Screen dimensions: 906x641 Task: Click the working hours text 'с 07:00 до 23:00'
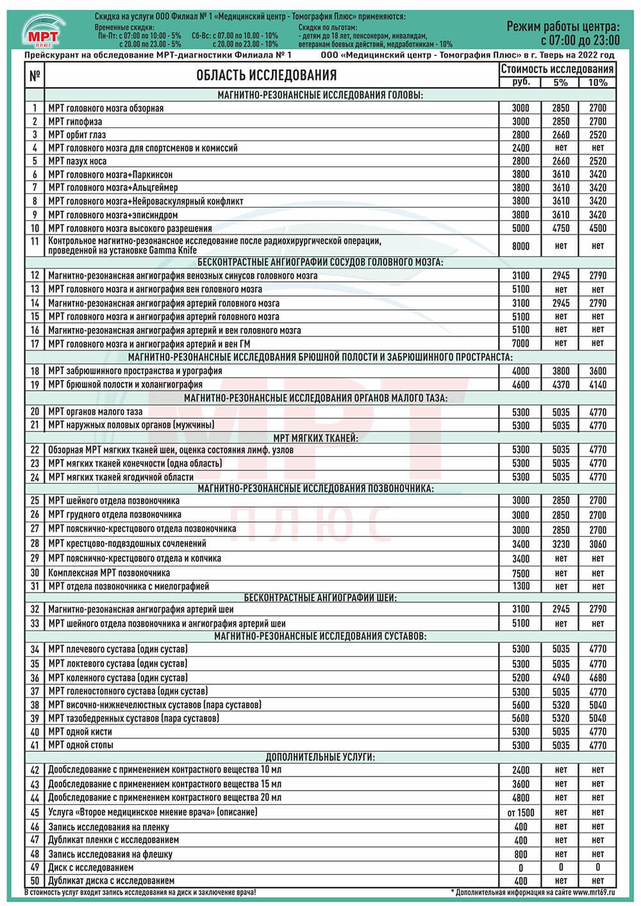click(580, 40)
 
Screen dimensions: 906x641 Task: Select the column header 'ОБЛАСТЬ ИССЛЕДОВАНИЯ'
click(266, 76)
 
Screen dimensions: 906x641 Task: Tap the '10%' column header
click(597, 83)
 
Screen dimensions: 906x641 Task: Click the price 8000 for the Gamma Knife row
click(520, 245)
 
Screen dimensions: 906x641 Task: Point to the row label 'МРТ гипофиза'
click(75, 122)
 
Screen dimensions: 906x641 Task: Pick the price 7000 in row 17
click(520, 343)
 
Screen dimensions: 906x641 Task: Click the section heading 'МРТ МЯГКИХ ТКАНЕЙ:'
click(316, 438)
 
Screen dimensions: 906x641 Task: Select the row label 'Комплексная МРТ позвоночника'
click(109, 573)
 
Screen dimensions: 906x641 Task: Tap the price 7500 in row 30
click(520, 573)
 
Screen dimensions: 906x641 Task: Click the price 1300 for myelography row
click(520, 586)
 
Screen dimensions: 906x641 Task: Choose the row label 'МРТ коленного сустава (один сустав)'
click(118, 677)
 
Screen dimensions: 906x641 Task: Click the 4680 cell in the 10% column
click(597, 678)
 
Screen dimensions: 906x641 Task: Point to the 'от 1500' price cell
click(520, 812)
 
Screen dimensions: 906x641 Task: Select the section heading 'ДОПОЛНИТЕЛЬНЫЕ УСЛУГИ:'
click(320, 757)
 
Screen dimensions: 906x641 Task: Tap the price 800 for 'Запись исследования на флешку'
click(520, 854)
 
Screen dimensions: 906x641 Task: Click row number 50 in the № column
click(35, 881)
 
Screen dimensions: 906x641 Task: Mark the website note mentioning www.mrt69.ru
click(533, 892)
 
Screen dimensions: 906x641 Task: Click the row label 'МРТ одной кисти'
click(80, 732)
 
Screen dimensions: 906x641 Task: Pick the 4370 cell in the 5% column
click(560, 385)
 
